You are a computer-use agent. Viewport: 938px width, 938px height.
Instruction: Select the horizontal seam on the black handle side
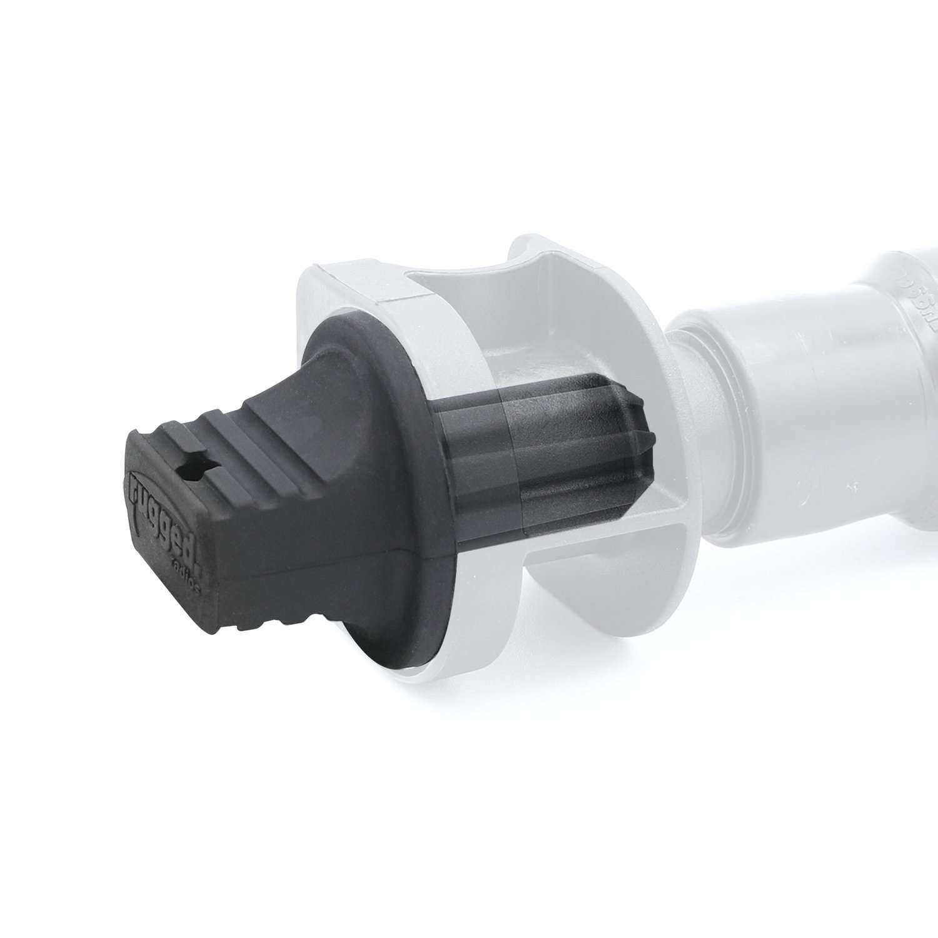point(325,550)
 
